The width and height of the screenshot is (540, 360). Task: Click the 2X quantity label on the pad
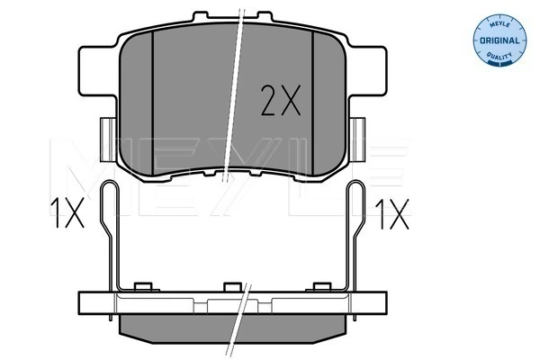[x=281, y=100]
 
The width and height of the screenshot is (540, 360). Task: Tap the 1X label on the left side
[x=67, y=212]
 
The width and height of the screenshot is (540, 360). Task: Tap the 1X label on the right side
[x=392, y=214]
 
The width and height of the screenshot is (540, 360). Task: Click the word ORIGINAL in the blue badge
[x=499, y=40]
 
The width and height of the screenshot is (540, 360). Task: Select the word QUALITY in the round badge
[x=499, y=56]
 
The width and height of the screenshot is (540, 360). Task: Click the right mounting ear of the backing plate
[x=367, y=70]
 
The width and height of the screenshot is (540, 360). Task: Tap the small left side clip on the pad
[x=108, y=139]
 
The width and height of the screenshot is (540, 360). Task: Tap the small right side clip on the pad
[x=357, y=139]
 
